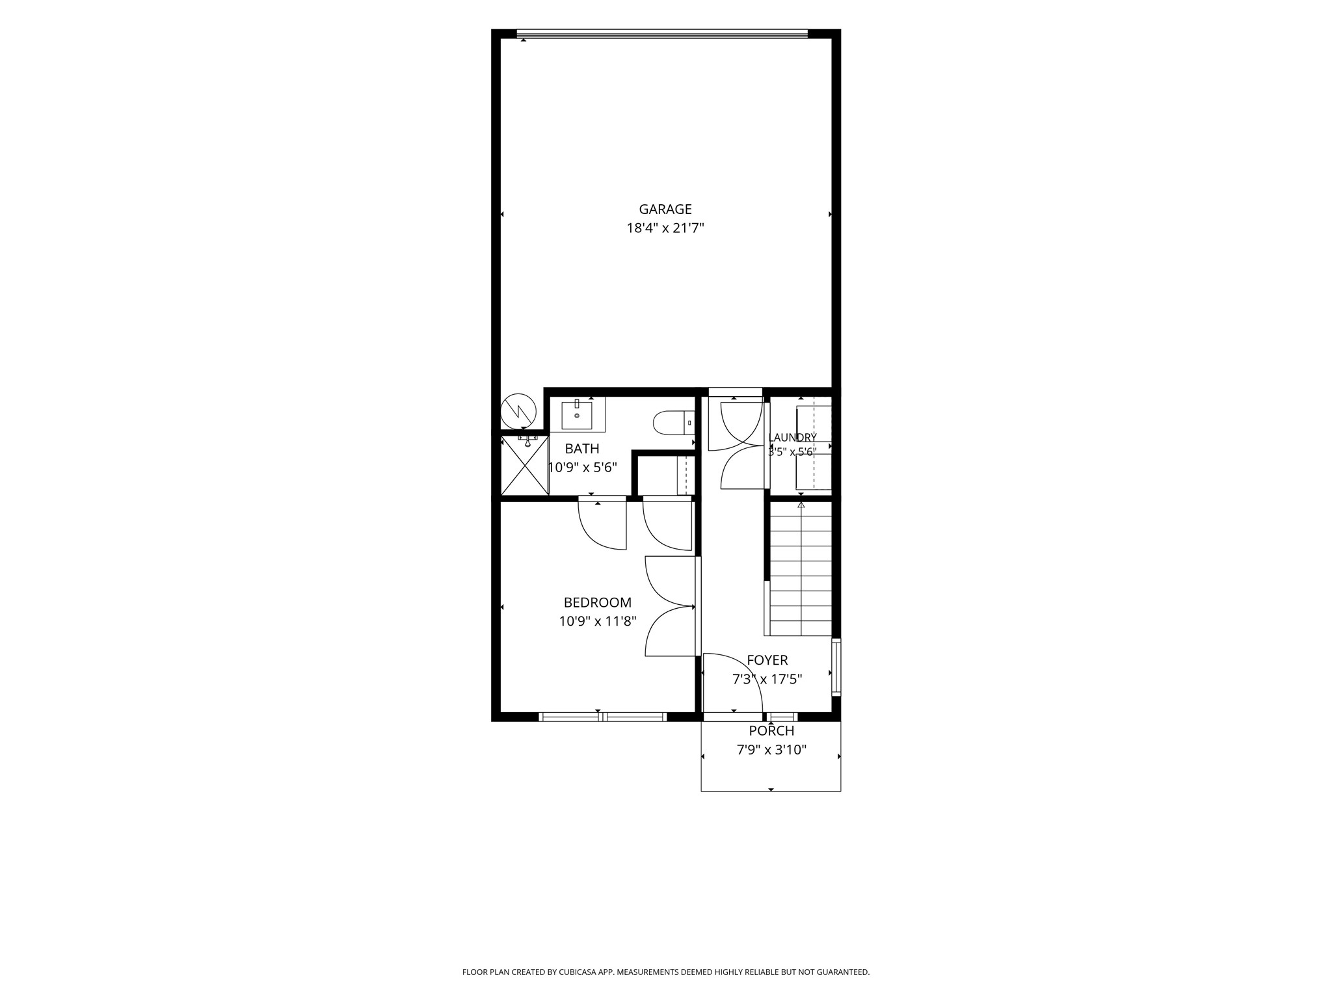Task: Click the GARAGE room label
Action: [x=665, y=209]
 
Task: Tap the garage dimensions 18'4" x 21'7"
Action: [x=665, y=228]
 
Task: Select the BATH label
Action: [x=582, y=449]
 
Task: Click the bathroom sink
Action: [x=577, y=416]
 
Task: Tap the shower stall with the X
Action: [x=525, y=465]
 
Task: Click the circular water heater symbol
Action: [x=518, y=410]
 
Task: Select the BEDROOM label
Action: [x=598, y=603]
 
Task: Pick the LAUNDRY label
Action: [x=792, y=438]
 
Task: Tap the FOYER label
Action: [x=767, y=661]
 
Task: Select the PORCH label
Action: [x=771, y=731]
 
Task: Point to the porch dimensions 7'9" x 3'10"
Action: [x=771, y=750]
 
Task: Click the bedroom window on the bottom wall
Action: [x=603, y=717]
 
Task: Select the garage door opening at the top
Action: [x=662, y=34]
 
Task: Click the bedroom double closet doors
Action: [x=671, y=606]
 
